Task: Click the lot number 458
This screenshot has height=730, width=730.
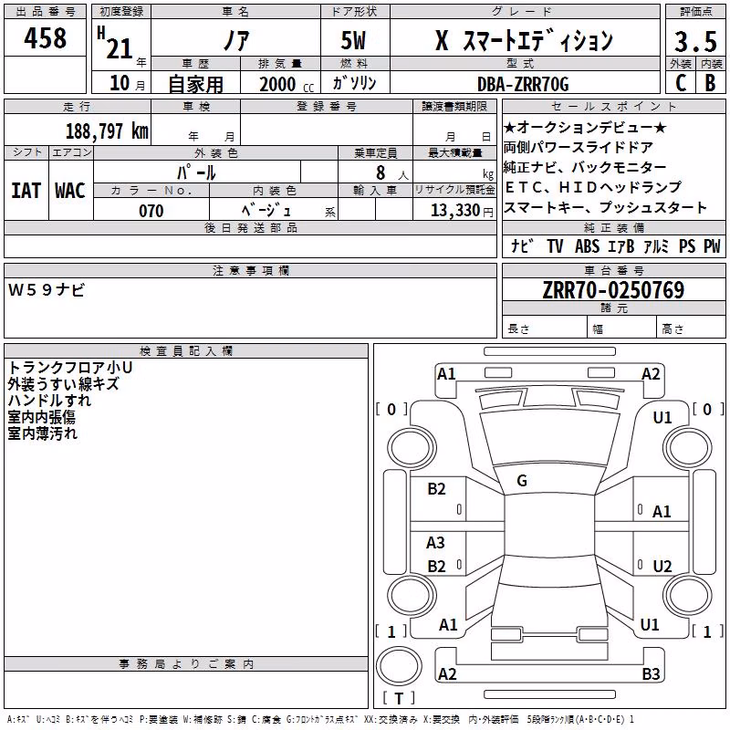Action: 45,37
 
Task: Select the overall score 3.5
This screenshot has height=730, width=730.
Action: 695,41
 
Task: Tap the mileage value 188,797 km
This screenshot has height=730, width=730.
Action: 107,131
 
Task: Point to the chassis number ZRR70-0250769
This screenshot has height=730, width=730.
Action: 613,290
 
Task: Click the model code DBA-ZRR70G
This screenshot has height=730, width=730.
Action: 523,84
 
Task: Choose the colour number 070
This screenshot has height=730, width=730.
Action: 151,211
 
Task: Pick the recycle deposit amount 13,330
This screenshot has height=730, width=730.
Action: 455,211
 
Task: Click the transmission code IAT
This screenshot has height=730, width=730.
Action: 26,191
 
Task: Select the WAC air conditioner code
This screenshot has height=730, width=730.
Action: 70,191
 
